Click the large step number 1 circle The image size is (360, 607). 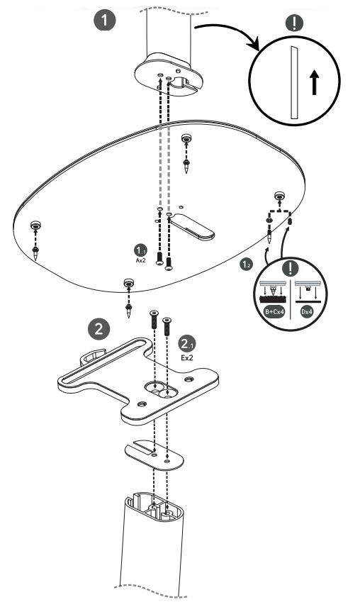106,21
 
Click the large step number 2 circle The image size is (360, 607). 99,328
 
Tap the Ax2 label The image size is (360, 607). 140,260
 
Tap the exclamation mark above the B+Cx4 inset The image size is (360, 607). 288,269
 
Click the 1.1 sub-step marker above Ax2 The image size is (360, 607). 140,250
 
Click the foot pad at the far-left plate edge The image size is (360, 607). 35,226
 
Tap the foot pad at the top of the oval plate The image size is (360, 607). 186,138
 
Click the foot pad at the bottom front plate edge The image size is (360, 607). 128,284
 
